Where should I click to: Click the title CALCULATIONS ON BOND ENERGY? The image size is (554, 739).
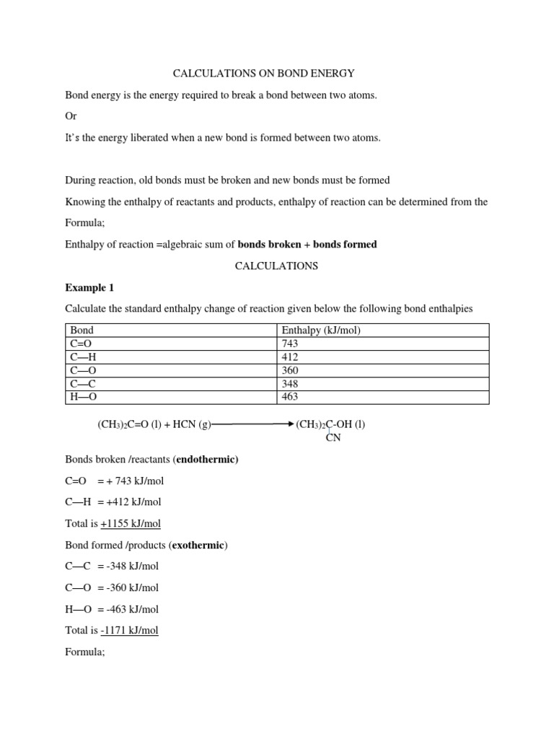263,74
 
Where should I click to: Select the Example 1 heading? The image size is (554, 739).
89,287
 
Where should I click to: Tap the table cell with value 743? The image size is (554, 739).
291,344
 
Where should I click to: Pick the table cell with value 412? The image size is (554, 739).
291,357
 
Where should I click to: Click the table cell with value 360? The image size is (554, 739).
291,370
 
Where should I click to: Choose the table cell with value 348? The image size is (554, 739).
291,384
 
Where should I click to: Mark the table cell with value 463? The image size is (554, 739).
291,397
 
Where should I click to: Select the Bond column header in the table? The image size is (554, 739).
82,331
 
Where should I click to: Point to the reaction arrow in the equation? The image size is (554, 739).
252,424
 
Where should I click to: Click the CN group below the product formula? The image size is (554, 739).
333,437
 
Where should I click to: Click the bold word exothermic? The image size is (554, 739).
197,545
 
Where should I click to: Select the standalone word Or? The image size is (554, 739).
71,116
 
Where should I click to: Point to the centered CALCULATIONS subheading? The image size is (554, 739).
276,266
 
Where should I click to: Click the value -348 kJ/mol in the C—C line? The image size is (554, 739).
132,566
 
